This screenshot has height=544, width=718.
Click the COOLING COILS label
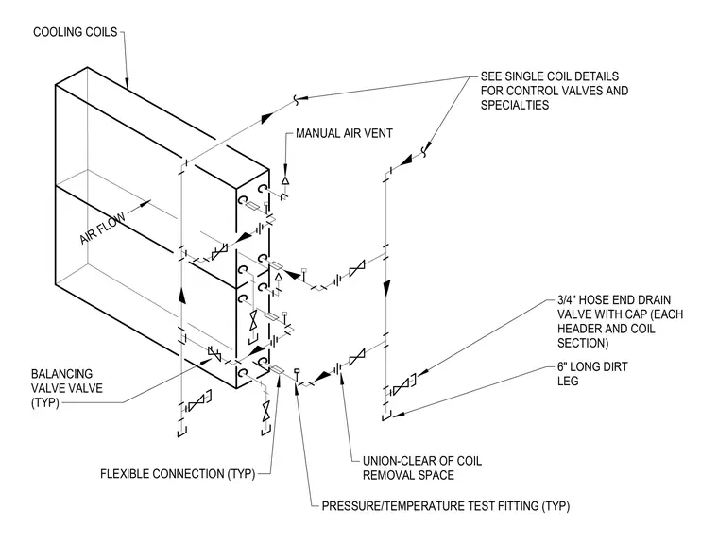tap(76, 32)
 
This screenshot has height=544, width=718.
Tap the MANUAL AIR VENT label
tap(344, 134)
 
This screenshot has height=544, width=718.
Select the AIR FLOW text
tap(102, 228)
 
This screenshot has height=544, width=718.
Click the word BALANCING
tap(61, 374)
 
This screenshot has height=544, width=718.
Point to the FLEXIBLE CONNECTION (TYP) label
tap(178, 474)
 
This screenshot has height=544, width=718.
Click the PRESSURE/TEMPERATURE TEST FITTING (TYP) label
tap(446, 506)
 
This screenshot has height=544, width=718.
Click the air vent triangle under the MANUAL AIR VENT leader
tap(285, 180)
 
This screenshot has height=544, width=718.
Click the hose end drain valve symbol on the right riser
tap(402, 386)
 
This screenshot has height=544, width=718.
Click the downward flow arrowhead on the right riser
tap(387, 287)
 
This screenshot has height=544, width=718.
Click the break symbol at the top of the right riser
tap(425, 150)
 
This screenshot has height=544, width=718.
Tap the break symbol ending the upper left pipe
tap(297, 99)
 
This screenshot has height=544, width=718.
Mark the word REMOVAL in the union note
tap(386, 475)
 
